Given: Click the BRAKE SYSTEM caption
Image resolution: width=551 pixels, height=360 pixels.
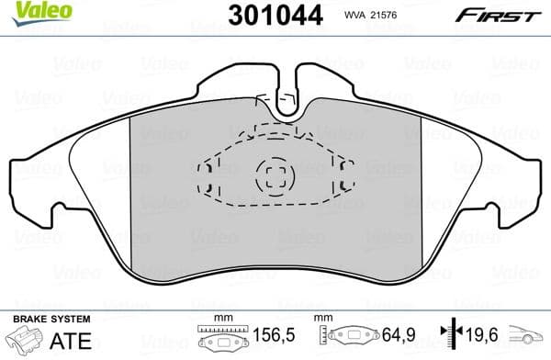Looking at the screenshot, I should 51,319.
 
